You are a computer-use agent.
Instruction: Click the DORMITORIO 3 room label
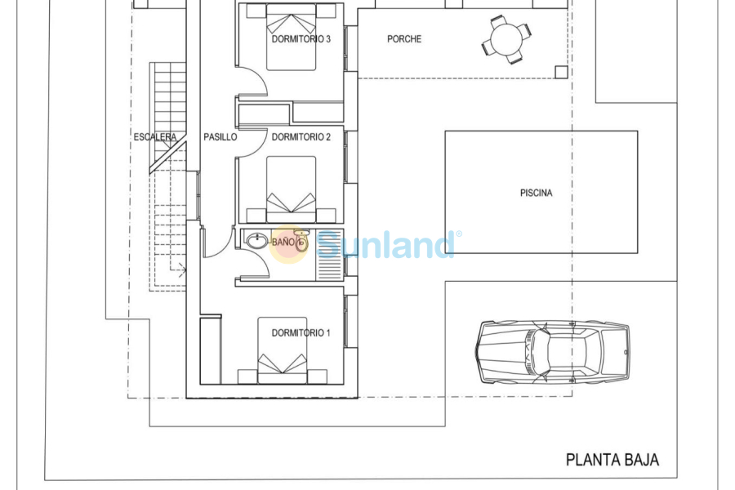point(301,38)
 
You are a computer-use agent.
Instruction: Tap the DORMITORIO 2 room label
point(301,137)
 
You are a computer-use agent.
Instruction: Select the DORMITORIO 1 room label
point(301,332)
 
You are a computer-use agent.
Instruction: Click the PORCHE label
point(404,39)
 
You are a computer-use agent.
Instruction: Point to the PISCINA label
point(536,194)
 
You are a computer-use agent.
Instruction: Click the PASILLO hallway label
point(220,137)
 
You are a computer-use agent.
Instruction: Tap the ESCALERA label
point(155,137)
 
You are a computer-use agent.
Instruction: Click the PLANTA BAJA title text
point(612,461)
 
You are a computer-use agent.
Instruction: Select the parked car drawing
point(553,352)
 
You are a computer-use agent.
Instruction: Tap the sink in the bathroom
point(257,241)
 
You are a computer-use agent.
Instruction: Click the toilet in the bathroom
point(301,241)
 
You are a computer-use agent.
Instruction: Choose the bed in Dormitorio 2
point(291,192)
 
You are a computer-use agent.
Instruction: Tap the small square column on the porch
point(561,72)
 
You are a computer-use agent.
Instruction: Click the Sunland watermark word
point(385,244)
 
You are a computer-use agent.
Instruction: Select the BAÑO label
point(283,243)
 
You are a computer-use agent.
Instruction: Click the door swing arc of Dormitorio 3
point(255,82)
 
